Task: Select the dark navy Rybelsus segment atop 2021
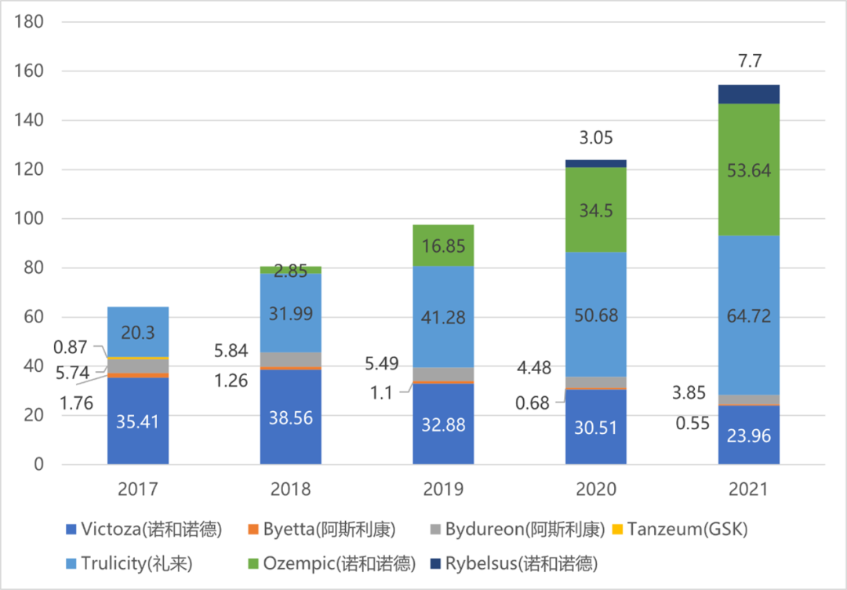[x=748, y=94]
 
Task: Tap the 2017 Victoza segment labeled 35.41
[x=138, y=421]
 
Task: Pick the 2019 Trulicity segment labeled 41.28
[x=443, y=316]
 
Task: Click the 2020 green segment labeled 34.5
[x=595, y=209]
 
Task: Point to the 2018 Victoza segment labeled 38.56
[x=290, y=417]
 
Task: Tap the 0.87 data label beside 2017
[x=71, y=346]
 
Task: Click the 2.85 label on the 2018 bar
[x=290, y=271]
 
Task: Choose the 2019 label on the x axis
[x=443, y=490]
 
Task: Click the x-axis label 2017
[x=138, y=490]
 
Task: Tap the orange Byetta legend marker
[x=253, y=530]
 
